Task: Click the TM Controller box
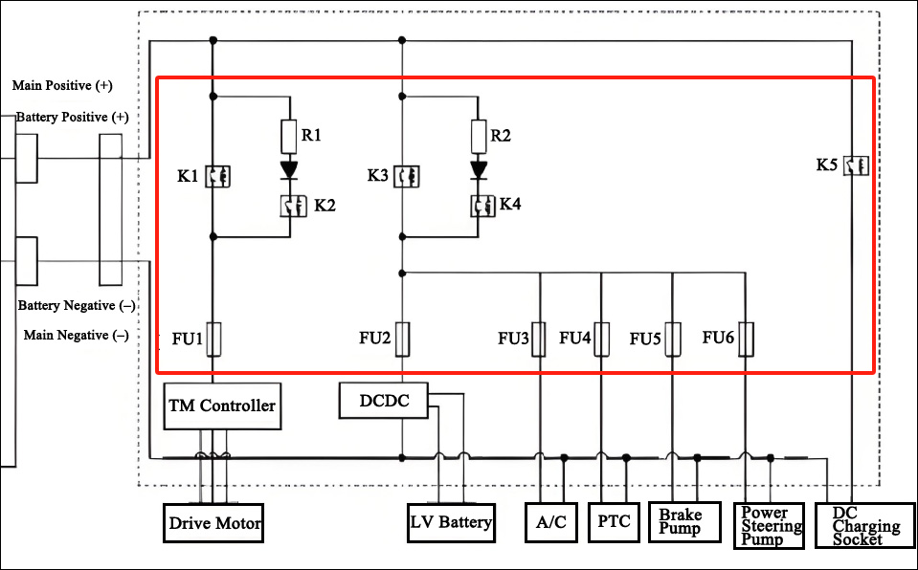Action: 222,405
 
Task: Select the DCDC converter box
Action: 384,401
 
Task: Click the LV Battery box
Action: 451,522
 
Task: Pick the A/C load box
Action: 551,522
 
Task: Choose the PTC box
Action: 613,522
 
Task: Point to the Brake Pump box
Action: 683,522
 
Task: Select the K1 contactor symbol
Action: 213,176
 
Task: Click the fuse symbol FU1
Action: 213,338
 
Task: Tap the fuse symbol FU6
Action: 746,338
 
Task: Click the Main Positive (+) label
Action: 62,86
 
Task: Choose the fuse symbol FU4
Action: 601,338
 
